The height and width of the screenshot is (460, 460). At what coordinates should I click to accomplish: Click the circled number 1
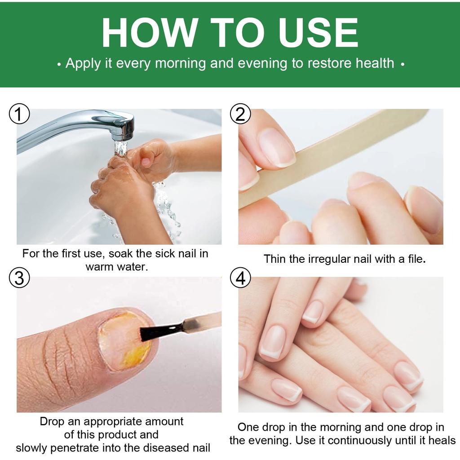point(19,115)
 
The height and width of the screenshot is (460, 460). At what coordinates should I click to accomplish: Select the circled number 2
point(240,115)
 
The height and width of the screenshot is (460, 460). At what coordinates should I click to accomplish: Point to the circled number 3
point(19,279)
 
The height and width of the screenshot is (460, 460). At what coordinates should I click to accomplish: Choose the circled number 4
point(240,279)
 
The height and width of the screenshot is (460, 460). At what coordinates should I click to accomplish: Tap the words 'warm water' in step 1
point(117,267)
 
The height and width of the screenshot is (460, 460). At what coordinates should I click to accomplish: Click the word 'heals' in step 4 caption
point(442,440)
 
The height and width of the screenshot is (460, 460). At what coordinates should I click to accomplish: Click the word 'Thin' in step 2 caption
point(274,259)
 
